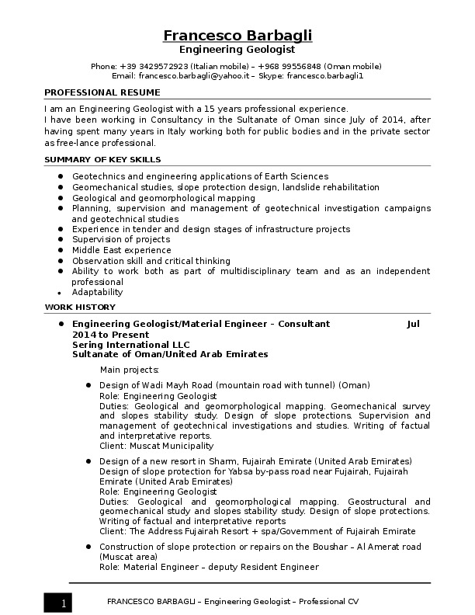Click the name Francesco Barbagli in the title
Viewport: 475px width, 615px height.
click(237, 36)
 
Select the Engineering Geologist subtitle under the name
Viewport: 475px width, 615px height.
click(237, 50)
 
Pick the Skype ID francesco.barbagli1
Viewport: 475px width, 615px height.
click(325, 76)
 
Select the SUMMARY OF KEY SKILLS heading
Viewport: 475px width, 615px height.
click(102, 159)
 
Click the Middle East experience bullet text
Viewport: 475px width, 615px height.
click(121, 251)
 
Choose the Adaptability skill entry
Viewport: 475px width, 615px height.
click(97, 293)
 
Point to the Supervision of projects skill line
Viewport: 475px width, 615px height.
click(120, 240)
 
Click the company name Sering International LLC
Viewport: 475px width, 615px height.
click(130, 345)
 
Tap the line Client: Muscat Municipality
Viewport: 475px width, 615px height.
click(156, 446)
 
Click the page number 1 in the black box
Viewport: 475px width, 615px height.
click(64, 603)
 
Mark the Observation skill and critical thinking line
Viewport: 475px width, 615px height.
click(151, 262)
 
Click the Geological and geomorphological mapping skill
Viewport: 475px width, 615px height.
click(163, 198)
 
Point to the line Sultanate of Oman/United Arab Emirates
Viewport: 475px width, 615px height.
click(169, 354)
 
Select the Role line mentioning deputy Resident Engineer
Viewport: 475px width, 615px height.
click(209, 568)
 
